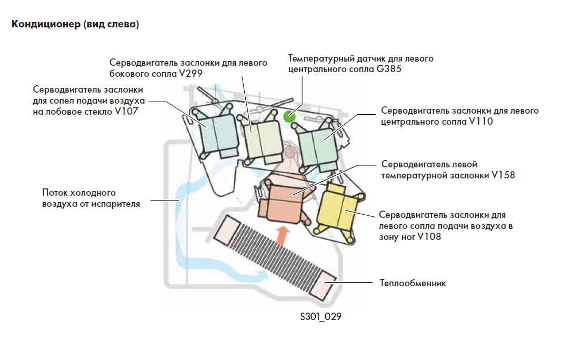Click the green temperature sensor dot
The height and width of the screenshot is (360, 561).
[x=288, y=116]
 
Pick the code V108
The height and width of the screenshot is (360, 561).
[x=429, y=237]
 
